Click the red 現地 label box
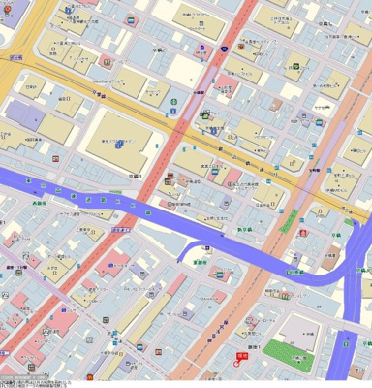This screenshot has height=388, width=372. (x=242, y=355)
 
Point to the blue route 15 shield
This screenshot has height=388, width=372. (x=225, y=47)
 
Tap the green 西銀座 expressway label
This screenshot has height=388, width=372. (x=39, y=204)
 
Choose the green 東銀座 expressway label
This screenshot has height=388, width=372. (x=201, y=261)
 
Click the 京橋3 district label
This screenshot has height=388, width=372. (x=135, y=176)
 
